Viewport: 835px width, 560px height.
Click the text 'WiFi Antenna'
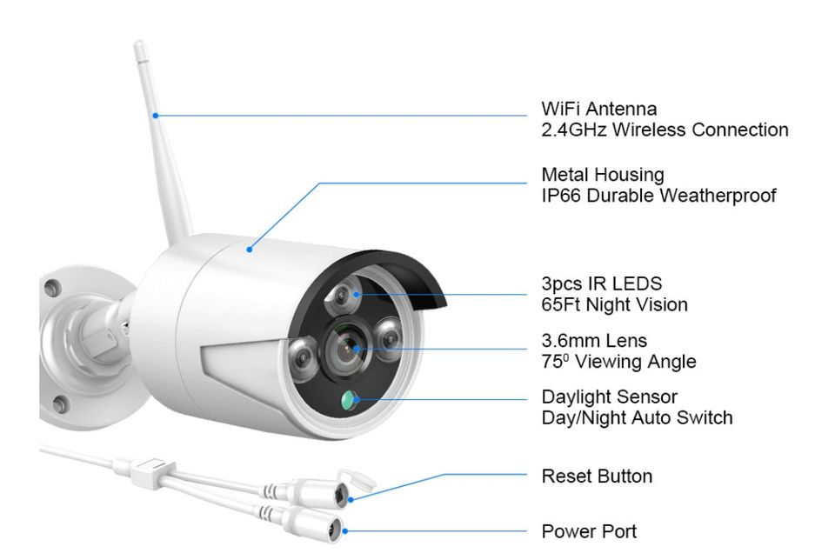point(598,110)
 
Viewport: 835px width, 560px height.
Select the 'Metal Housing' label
point(602,175)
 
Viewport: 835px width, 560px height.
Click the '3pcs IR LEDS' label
point(601,284)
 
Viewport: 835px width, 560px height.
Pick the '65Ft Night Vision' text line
point(614,305)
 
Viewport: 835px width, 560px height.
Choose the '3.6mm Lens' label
point(594,341)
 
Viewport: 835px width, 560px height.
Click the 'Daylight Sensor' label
point(609,397)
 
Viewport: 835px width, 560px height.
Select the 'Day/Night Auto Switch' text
point(637,418)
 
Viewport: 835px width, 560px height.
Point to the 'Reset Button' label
point(597,477)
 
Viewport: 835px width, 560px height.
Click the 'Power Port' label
point(589,531)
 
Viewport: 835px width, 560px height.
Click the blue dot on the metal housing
point(250,249)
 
